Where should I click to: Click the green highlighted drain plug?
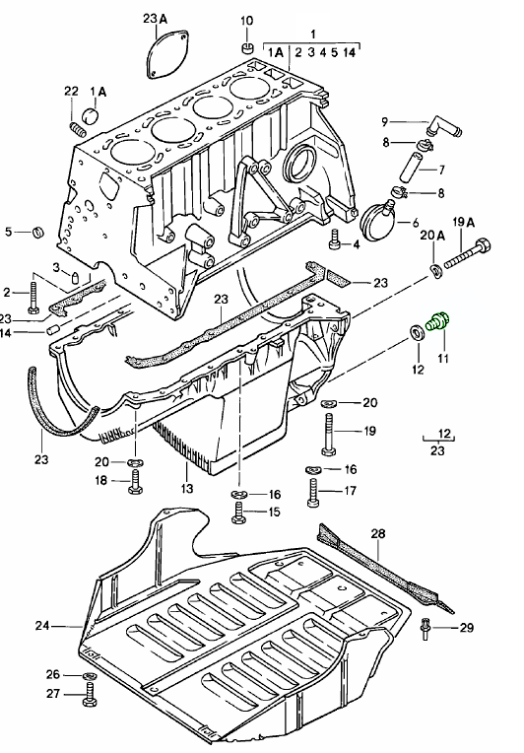[x=439, y=322]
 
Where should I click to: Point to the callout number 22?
[x=71, y=91]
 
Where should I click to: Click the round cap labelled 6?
[x=379, y=215]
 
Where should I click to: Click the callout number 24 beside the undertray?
[x=40, y=625]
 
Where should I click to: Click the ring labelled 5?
[x=38, y=233]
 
